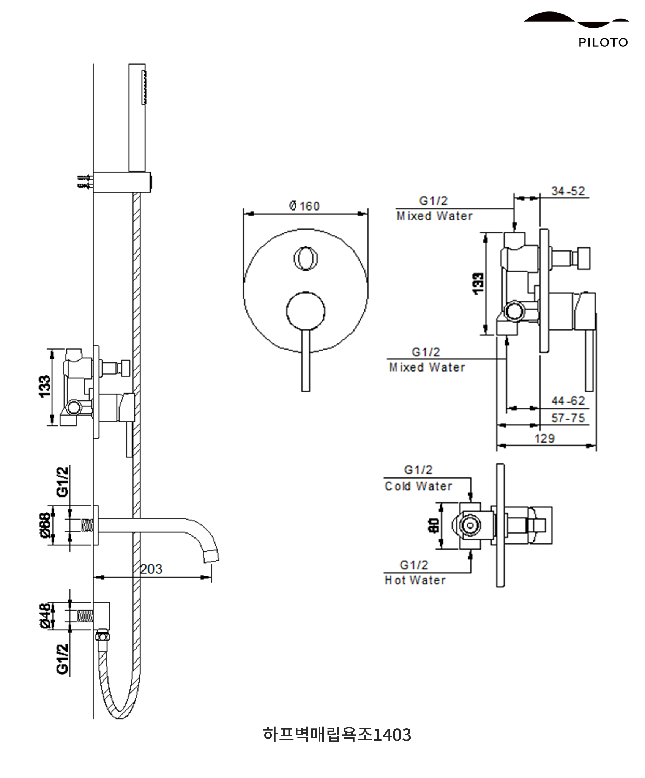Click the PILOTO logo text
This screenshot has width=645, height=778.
603,43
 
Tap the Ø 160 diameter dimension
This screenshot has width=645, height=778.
304,206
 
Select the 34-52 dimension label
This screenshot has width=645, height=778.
568,191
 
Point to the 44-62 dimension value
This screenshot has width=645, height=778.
568,401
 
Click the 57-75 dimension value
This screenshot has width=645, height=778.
568,418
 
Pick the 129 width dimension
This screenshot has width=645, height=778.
544,439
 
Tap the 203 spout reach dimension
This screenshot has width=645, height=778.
151,569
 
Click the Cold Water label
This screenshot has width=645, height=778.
418,486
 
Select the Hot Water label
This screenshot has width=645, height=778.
415,580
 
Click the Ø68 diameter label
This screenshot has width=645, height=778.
45,525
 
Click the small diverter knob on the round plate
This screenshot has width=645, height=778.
305,258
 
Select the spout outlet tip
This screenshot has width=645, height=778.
211,556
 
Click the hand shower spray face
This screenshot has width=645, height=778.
144,87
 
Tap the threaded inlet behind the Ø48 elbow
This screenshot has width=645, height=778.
85,616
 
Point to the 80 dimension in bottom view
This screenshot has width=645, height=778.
434,525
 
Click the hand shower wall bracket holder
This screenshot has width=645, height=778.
122,182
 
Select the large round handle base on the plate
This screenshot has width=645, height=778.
306,311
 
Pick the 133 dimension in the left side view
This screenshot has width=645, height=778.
45,386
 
